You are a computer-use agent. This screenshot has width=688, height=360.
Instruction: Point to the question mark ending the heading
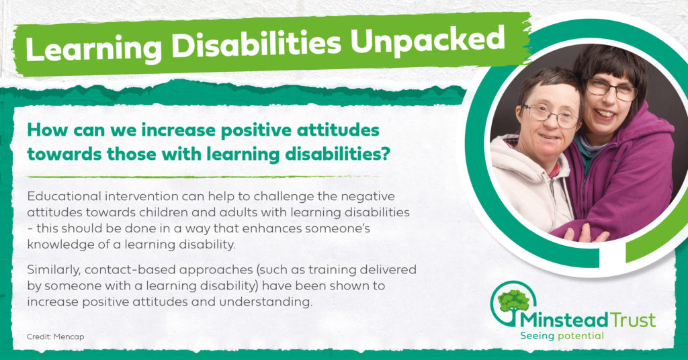tap(385, 154)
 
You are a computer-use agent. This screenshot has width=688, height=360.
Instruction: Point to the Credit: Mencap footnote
tap(55, 336)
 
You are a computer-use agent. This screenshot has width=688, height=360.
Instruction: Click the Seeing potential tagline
tap(562, 336)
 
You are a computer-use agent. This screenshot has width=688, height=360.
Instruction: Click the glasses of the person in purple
tap(611, 89)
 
